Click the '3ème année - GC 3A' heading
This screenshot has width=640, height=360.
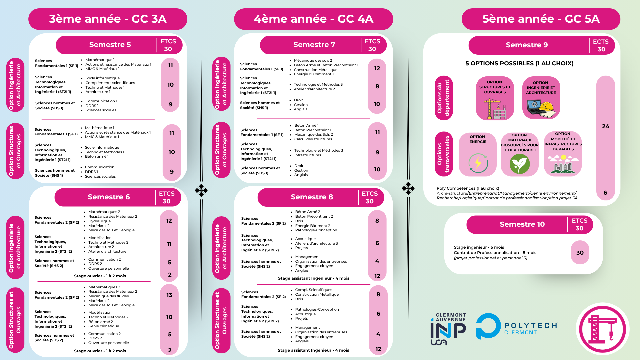point(108,19)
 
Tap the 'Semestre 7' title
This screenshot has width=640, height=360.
point(314,45)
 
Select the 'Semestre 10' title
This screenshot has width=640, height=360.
point(522,224)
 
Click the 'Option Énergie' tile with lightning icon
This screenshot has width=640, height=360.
point(478,154)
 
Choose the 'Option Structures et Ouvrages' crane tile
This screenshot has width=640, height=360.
point(495,98)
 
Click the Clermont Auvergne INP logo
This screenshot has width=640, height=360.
point(448,329)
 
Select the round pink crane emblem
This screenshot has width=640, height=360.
point(602,329)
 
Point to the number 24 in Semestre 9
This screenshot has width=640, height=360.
point(605,127)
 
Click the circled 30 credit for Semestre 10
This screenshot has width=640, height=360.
point(580,253)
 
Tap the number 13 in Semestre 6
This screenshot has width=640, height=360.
point(169,295)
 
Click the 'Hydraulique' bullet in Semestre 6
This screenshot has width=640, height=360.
point(99,221)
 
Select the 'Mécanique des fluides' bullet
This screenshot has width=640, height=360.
point(108,296)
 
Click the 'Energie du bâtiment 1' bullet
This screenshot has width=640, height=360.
point(313,74)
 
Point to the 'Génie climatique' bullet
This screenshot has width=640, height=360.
point(103,326)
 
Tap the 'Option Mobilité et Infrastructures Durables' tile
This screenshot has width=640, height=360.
point(563,154)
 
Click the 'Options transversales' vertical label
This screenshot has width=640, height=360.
point(443,154)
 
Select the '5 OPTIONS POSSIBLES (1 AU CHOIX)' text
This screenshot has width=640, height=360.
point(519,63)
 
